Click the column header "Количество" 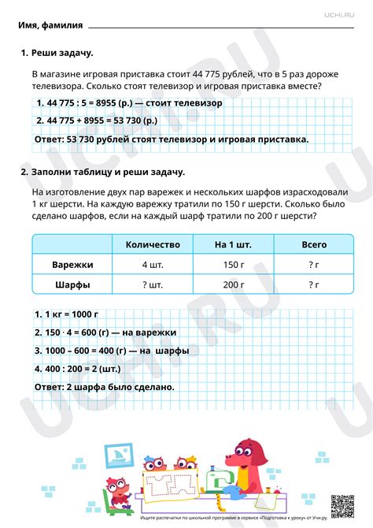coord(157,244)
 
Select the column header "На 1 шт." coord(231,244)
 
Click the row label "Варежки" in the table coord(72,265)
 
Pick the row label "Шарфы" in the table coord(72,284)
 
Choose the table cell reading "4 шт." coord(157,265)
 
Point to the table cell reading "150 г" coord(231,265)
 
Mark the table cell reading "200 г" coord(231,284)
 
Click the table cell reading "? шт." coord(157,284)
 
